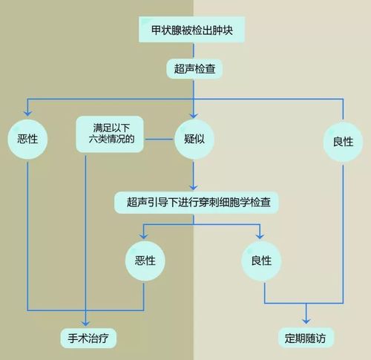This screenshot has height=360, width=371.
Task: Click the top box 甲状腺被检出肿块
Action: tap(191, 30)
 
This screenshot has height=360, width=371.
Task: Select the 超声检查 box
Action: tap(194, 69)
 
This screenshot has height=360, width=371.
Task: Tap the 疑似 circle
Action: tap(194, 139)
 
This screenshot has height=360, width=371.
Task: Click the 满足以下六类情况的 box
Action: tap(110, 134)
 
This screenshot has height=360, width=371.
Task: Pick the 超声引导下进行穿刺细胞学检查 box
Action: tap(197, 203)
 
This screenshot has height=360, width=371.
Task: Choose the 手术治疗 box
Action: tap(88, 338)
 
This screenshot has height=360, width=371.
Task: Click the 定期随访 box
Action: tap(306, 338)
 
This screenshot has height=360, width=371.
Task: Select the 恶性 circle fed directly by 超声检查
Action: tap(27, 139)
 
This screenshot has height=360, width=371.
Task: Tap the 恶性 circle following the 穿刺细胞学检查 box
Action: tap(145, 261)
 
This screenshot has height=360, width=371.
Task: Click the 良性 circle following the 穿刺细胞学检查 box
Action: tap(261, 261)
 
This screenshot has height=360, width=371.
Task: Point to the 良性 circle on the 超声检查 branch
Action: tap(343, 142)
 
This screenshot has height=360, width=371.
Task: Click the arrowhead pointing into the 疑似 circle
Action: tap(194, 116)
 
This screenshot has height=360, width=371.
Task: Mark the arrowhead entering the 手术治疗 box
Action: tap(85, 324)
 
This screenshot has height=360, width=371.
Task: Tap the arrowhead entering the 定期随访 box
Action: tap(306, 321)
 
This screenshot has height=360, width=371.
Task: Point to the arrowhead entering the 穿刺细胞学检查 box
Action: tap(194, 187)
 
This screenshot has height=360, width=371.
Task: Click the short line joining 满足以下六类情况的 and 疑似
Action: tap(160, 140)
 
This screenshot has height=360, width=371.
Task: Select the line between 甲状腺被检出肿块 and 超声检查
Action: tap(194, 50)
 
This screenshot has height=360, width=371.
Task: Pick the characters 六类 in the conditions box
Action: tap(99, 140)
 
